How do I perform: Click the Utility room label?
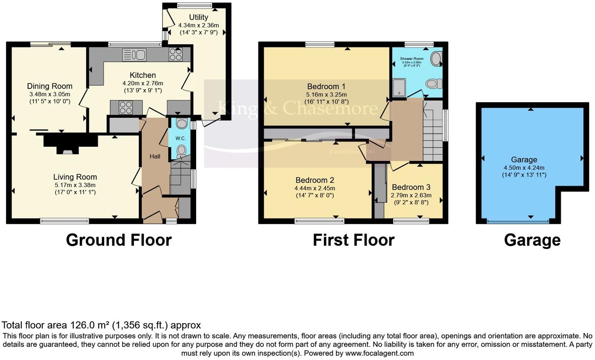pyautogui.click(x=198, y=17)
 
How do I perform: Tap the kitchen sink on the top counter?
pyautogui.click(x=134, y=54)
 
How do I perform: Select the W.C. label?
pyautogui.click(x=180, y=139)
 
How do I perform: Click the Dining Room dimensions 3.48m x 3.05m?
pyautogui.click(x=50, y=94)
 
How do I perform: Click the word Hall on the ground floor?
pyautogui.click(x=155, y=157)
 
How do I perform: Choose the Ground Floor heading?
pyautogui.click(x=119, y=240)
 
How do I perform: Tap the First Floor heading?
pyautogui.click(x=353, y=240)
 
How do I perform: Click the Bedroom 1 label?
pyautogui.click(x=326, y=86)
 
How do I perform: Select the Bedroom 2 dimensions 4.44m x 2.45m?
pyautogui.click(x=315, y=188)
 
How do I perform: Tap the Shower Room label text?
pyautogui.click(x=411, y=59)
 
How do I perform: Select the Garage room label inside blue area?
pyautogui.click(x=524, y=160)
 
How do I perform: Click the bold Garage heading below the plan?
pyautogui.click(x=532, y=240)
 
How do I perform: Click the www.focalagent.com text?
pyautogui.click(x=379, y=353)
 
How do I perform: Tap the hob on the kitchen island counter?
pyautogui.click(x=126, y=107)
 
